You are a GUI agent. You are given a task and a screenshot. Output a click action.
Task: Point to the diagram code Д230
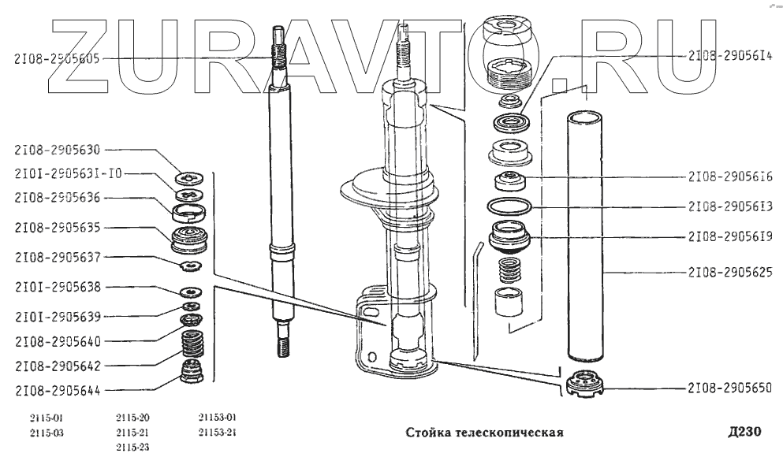[745, 432]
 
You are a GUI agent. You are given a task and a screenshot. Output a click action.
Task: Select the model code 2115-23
[132, 447]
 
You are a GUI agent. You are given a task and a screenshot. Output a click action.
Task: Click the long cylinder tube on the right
[585, 236]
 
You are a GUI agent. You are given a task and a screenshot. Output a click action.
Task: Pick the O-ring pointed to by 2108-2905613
[508, 207]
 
